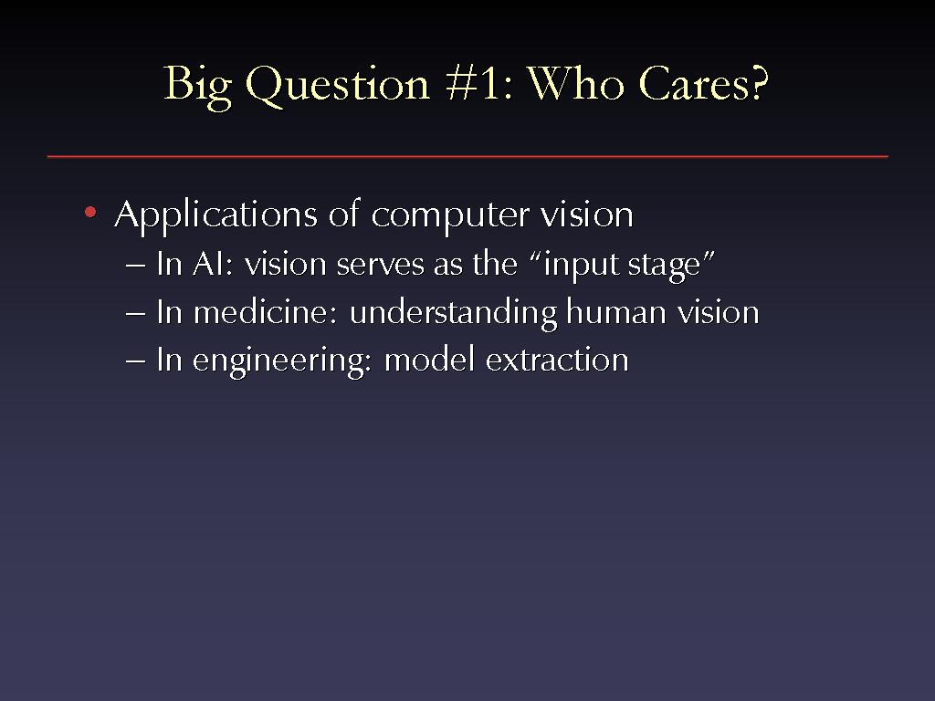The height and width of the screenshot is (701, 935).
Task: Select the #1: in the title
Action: [x=478, y=83]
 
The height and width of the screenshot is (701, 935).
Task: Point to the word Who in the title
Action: [x=575, y=83]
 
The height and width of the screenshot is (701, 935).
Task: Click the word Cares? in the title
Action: [x=704, y=83]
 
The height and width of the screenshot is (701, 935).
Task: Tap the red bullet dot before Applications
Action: [x=90, y=212]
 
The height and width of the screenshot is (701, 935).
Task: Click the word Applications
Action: [x=215, y=215]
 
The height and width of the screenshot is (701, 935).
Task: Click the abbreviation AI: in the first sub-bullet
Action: [x=213, y=264]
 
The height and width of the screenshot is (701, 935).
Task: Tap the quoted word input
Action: [x=576, y=266]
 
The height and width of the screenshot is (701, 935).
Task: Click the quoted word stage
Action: [x=671, y=267]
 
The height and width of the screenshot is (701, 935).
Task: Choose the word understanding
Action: [x=453, y=314]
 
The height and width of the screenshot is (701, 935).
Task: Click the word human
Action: [x=615, y=312]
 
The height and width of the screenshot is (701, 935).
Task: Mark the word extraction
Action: [x=557, y=361]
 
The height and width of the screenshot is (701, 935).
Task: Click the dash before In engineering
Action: [x=135, y=361]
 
